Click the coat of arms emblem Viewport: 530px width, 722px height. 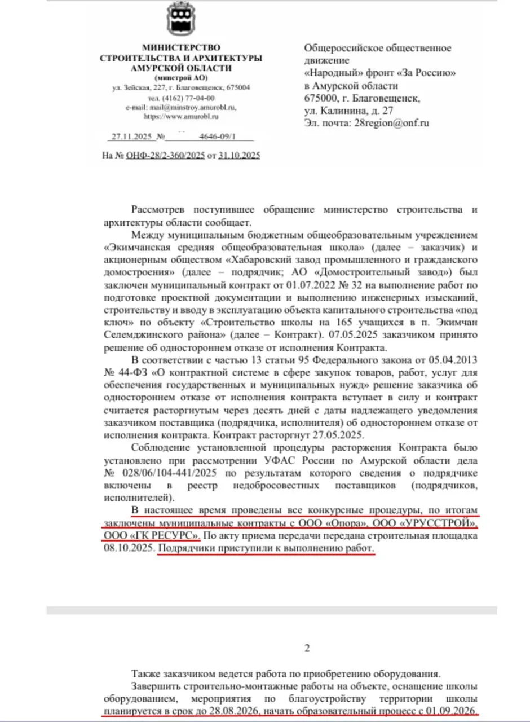point(181,19)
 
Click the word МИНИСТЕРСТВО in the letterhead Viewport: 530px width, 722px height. point(181,47)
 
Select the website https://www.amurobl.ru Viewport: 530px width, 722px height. point(181,116)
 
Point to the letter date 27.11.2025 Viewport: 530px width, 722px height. point(129,137)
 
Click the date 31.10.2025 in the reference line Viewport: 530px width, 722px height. point(240,155)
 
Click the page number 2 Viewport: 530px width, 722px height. point(307,648)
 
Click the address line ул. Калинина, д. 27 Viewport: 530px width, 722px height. point(348,110)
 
